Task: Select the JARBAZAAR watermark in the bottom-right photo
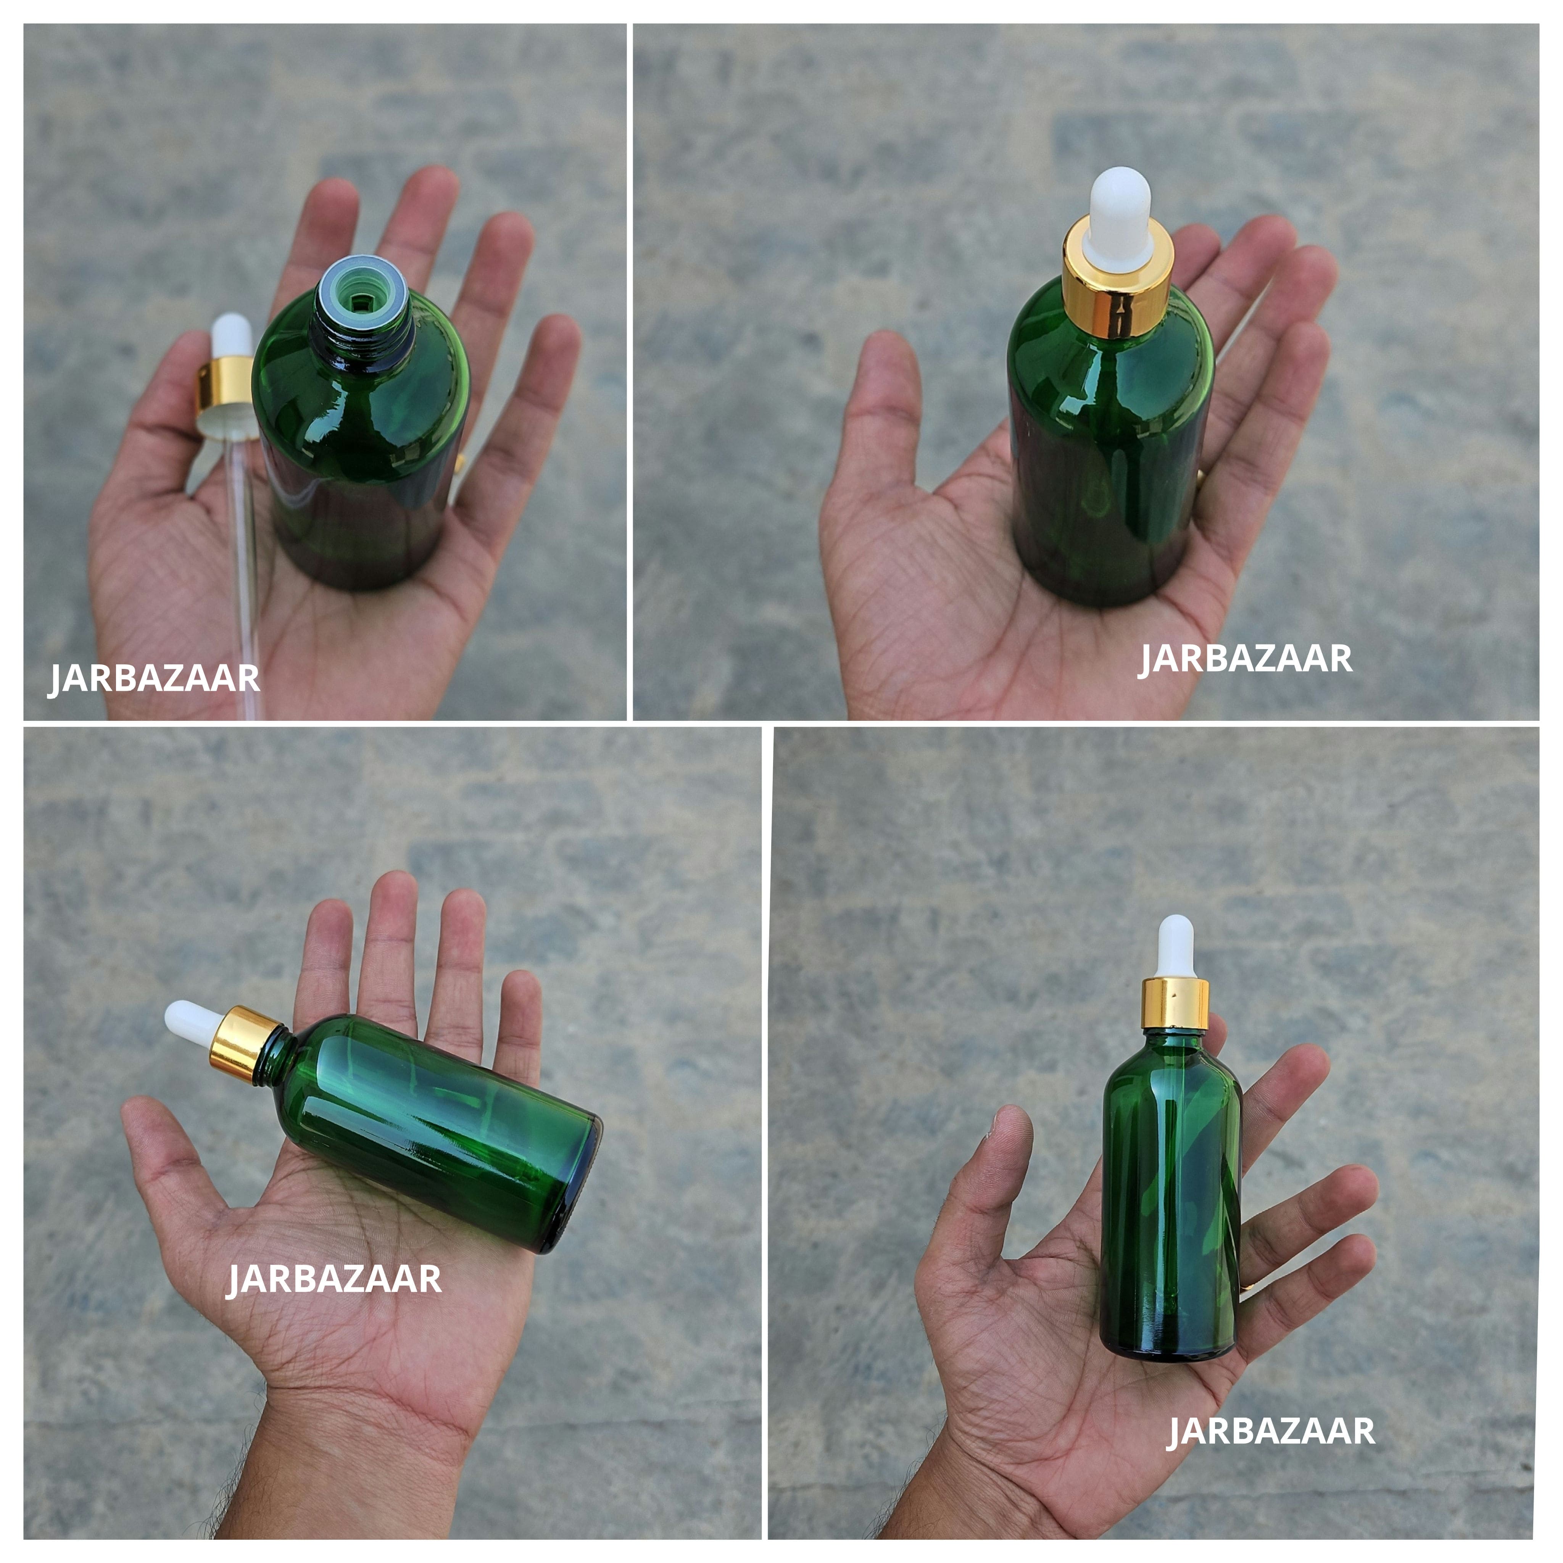tap(1270, 1430)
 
